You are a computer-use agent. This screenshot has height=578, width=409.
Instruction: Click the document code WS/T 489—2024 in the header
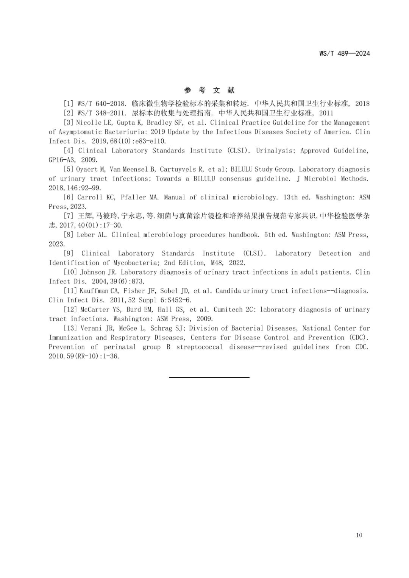point(344,53)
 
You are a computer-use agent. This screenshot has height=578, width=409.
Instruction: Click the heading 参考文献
point(209,90)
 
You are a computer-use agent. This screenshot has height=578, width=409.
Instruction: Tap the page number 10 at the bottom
point(359,535)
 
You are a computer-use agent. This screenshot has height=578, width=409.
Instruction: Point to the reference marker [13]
point(70,328)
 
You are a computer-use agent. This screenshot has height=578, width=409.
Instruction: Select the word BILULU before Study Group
point(241,169)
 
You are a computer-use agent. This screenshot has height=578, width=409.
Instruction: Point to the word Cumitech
point(228,310)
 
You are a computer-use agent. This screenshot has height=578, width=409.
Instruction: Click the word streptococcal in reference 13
point(200,347)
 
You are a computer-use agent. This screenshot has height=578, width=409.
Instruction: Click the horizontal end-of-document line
point(209,377)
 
